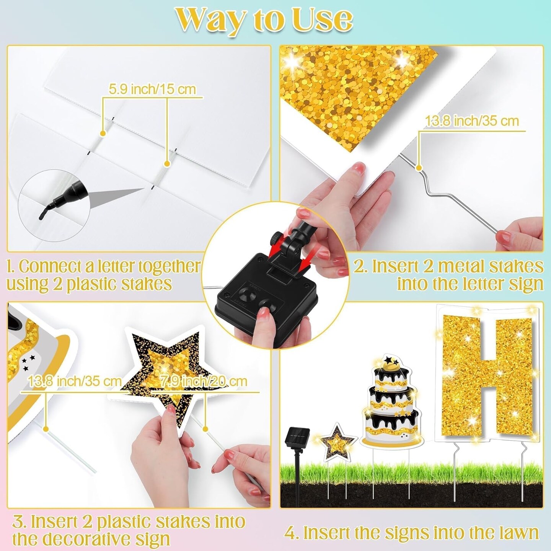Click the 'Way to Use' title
tap(264, 20)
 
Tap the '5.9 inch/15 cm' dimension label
tap(152, 89)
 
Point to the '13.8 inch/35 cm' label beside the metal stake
tap(472, 121)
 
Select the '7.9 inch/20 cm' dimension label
tap(204, 381)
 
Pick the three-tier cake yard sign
tap(390, 402)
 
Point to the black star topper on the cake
tap(390, 360)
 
